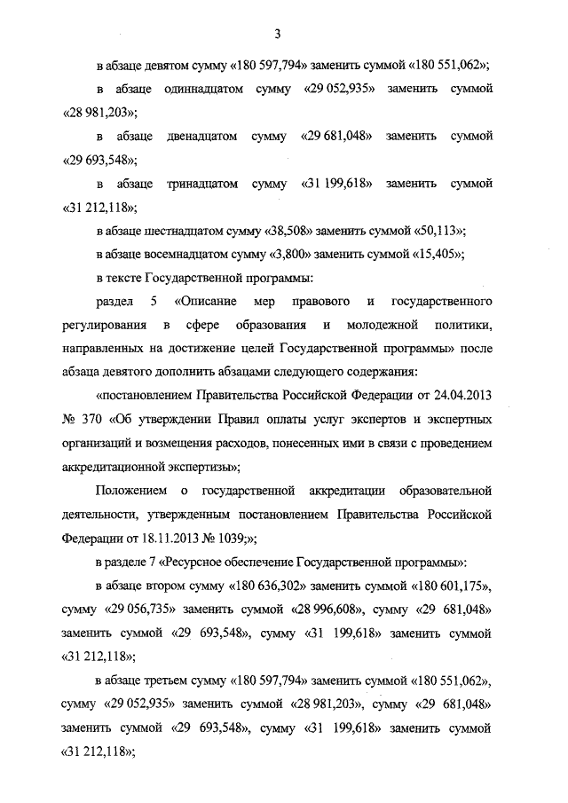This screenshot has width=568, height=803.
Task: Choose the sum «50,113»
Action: [x=438, y=230]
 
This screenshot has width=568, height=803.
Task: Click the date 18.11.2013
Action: [x=156, y=536]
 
